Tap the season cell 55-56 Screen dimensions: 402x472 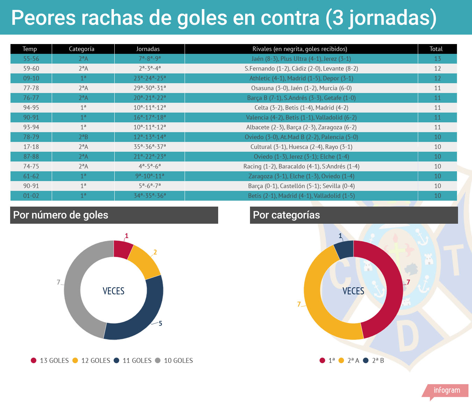click(x=31, y=59)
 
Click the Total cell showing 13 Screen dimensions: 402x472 click(x=437, y=59)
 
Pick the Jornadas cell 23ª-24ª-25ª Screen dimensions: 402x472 click(x=150, y=78)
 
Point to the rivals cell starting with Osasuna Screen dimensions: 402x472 click(x=301, y=88)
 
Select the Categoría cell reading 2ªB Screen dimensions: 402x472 click(x=83, y=137)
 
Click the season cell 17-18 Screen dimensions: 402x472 click(x=31, y=147)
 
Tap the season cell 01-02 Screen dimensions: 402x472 click(x=31, y=196)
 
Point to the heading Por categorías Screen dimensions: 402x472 click(x=286, y=215)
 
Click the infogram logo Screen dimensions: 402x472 click(x=446, y=390)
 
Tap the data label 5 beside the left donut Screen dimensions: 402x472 click(x=160, y=323)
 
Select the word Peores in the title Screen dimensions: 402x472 click(x=43, y=18)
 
